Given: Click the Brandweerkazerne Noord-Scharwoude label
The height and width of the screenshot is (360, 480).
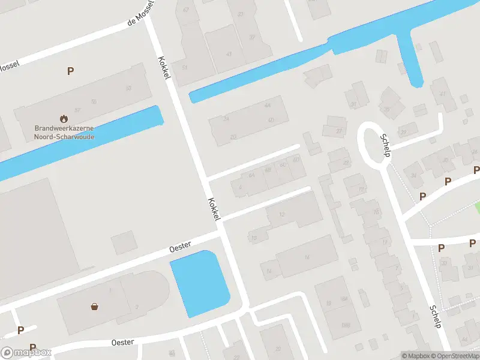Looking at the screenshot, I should tap(64, 132).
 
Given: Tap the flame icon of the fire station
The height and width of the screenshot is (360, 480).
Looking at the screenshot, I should tap(64, 119).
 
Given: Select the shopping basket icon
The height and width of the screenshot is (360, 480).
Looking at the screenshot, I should tap(95, 307).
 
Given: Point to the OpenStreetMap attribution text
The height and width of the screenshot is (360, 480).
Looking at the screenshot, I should tap(455, 356).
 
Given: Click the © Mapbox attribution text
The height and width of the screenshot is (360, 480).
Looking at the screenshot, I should tap(416, 356).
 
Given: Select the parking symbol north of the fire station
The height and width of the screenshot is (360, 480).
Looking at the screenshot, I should tap(71, 71).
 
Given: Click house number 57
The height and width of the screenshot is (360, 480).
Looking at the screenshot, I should tap(77, 110).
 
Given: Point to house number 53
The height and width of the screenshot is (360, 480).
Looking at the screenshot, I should tap(128, 88).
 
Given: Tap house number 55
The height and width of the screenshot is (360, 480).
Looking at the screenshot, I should tap(93, 102).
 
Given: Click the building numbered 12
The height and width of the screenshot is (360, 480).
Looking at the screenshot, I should tap(283, 214).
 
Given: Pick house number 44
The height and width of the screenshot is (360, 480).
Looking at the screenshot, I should tap(267, 106).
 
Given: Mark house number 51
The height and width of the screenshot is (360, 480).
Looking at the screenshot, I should tap(185, 67).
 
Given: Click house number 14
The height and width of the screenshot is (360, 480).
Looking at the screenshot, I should tap(269, 272).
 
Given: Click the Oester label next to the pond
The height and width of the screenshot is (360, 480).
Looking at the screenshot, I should tap(180, 245).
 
